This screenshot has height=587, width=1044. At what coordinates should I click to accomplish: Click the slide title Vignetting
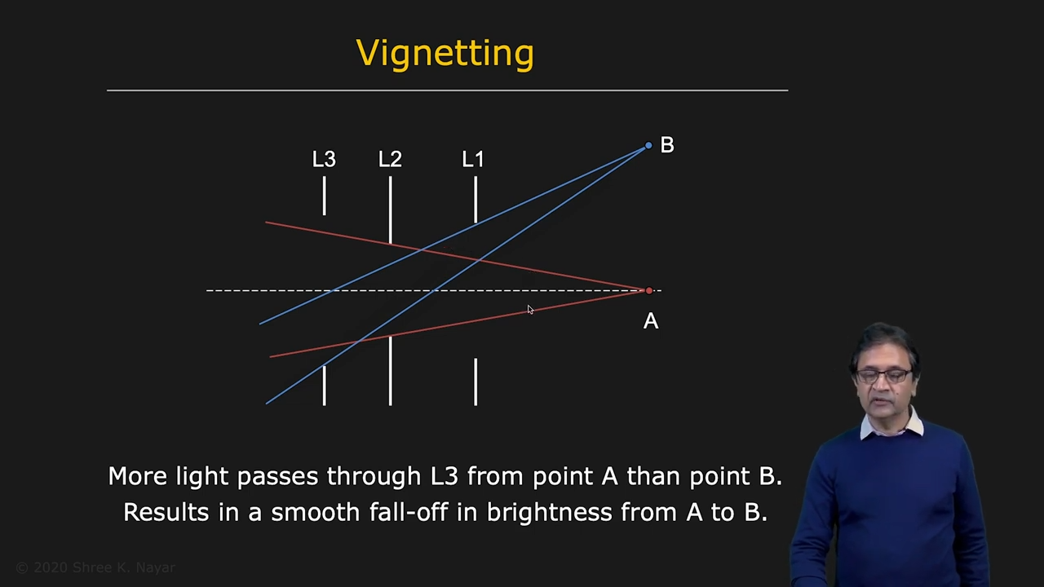tap(445, 54)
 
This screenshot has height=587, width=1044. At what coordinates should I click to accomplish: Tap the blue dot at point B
tap(648, 146)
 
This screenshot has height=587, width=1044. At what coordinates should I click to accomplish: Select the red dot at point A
tap(648, 291)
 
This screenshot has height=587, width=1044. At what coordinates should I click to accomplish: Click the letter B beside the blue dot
tap(667, 145)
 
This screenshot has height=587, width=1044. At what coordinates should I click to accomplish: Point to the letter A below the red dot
tap(651, 321)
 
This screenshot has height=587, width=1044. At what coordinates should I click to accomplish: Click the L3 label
tap(324, 159)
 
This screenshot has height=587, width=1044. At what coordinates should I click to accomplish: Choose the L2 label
tap(390, 159)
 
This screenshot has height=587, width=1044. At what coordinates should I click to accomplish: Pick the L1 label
tap(473, 159)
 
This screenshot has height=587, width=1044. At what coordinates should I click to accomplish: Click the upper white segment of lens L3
tap(325, 196)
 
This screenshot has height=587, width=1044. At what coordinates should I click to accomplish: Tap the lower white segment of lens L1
tap(476, 382)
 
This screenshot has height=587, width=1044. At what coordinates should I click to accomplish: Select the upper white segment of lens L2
tap(391, 210)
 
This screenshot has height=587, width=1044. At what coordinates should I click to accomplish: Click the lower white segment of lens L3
tap(325, 386)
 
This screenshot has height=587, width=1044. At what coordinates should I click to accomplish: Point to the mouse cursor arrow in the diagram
tap(530, 310)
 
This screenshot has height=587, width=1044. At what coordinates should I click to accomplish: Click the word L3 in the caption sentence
tap(445, 477)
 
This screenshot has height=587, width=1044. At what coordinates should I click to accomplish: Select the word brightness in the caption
tap(550, 513)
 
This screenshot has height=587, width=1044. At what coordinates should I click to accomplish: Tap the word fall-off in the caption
tap(409, 511)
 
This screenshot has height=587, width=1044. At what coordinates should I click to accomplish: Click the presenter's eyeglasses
tap(884, 376)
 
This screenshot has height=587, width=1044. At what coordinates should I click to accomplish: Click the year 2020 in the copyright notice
tap(51, 567)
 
